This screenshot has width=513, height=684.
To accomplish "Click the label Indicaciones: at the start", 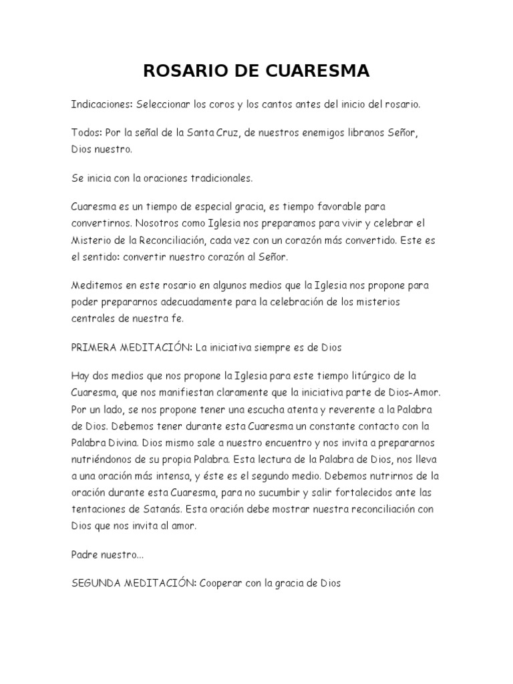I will click(x=102, y=105).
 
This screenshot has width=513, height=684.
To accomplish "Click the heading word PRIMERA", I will click(x=93, y=347).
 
